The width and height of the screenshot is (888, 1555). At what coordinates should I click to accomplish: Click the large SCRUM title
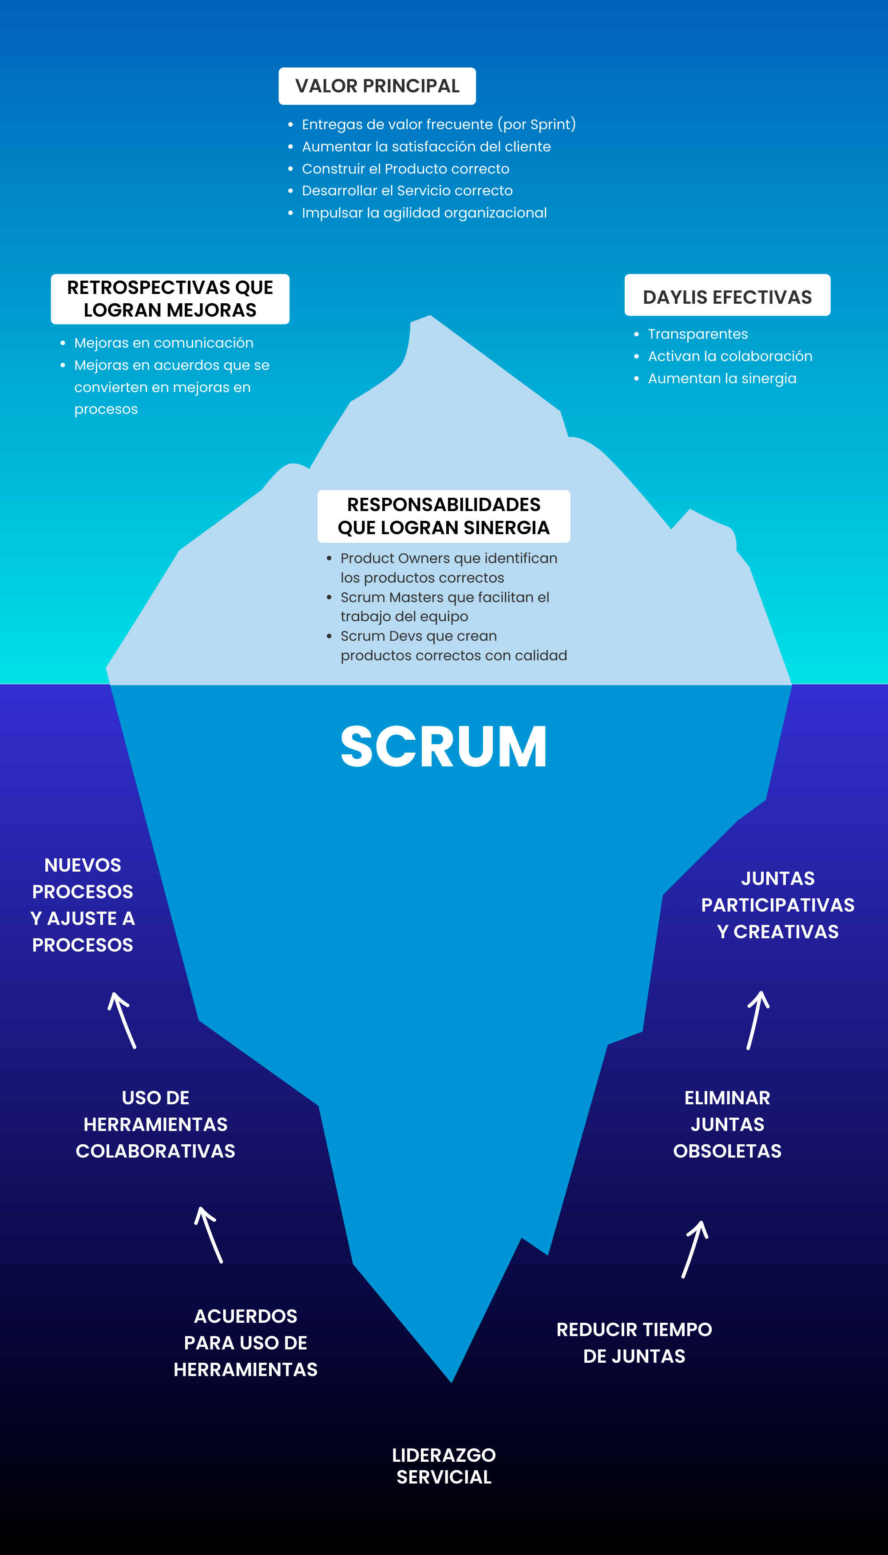pos(444,746)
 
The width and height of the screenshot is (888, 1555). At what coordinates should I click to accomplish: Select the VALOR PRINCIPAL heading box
pos(377,86)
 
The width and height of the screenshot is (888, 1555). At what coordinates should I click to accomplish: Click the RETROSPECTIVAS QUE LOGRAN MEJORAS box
pos(170,299)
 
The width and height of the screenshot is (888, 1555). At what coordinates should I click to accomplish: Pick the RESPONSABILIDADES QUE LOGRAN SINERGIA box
pos(444,516)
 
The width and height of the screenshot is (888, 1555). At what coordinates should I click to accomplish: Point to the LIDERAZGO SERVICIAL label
pos(444,1466)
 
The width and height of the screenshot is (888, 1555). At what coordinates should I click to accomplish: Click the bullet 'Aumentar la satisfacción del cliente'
pos(426,147)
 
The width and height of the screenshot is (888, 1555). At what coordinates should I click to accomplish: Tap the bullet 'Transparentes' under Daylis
pos(697,334)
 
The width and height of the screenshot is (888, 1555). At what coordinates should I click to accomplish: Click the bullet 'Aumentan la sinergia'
pos(721,379)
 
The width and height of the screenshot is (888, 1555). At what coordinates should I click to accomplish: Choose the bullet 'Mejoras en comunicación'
pos(163,343)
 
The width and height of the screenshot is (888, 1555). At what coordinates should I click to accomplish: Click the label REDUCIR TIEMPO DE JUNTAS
pos(634,1343)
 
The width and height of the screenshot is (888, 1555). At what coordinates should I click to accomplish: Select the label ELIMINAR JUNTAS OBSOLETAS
pos(727,1124)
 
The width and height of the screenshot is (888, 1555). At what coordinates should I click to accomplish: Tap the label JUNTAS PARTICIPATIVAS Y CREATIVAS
pos(777,905)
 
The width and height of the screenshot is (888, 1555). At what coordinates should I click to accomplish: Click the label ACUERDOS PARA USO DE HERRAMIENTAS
pos(245,1343)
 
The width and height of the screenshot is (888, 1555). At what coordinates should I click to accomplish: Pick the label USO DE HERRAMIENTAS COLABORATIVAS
pos(155,1124)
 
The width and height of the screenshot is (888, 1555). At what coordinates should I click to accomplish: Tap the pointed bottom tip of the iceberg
pos(451,1379)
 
